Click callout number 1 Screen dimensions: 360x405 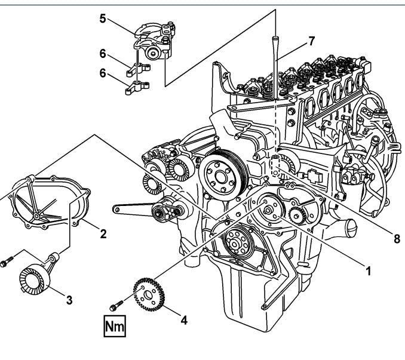[x=369, y=270]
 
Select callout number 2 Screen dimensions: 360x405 [x=103, y=234]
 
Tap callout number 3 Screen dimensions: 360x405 [x=69, y=300]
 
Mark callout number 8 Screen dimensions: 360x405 [x=396, y=239]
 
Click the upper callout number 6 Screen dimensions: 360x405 [x=103, y=54]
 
